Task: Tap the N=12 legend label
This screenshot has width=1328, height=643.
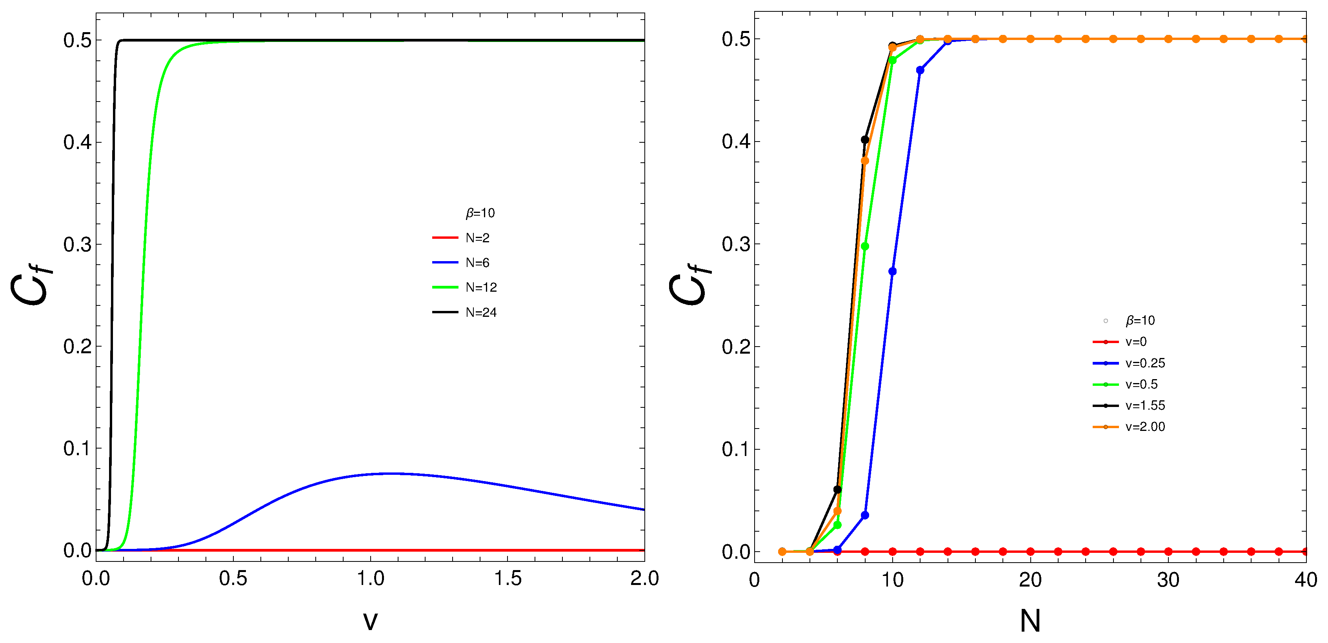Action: coord(480,287)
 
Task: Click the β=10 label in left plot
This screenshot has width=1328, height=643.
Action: coord(480,213)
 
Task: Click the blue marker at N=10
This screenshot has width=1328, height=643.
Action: coord(892,272)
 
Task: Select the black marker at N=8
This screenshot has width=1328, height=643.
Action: coord(865,140)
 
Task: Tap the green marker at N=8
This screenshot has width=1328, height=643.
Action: coord(865,246)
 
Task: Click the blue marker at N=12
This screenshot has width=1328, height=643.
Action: coord(920,70)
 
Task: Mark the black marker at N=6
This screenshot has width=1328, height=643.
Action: coord(837,489)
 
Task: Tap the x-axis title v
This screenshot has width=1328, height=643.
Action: coord(370,620)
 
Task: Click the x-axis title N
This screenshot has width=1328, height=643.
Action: coord(1030,620)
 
